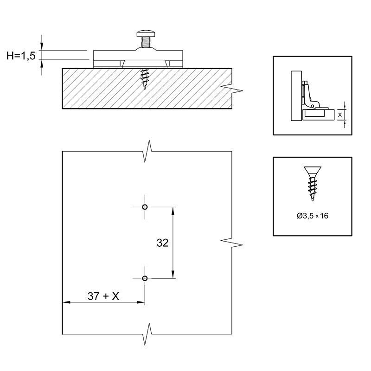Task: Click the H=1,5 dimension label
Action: [x=21, y=56]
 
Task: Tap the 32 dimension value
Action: [x=163, y=243]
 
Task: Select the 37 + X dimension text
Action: [x=103, y=296]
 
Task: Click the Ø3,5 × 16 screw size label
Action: [x=313, y=216]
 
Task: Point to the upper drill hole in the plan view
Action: [x=145, y=207]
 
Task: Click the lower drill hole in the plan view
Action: [x=145, y=278]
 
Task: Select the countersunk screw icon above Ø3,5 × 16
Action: [x=312, y=184]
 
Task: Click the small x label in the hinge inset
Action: [x=340, y=115]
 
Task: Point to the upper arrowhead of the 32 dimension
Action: [x=173, y=211]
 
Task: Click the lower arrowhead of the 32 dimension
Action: [x=173, y=275]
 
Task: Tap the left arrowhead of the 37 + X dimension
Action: [x=66, y=302]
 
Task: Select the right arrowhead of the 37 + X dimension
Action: [x=141, y=302]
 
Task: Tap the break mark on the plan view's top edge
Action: [x=147, y=151]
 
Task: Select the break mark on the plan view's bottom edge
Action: [x=147, y=334]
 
